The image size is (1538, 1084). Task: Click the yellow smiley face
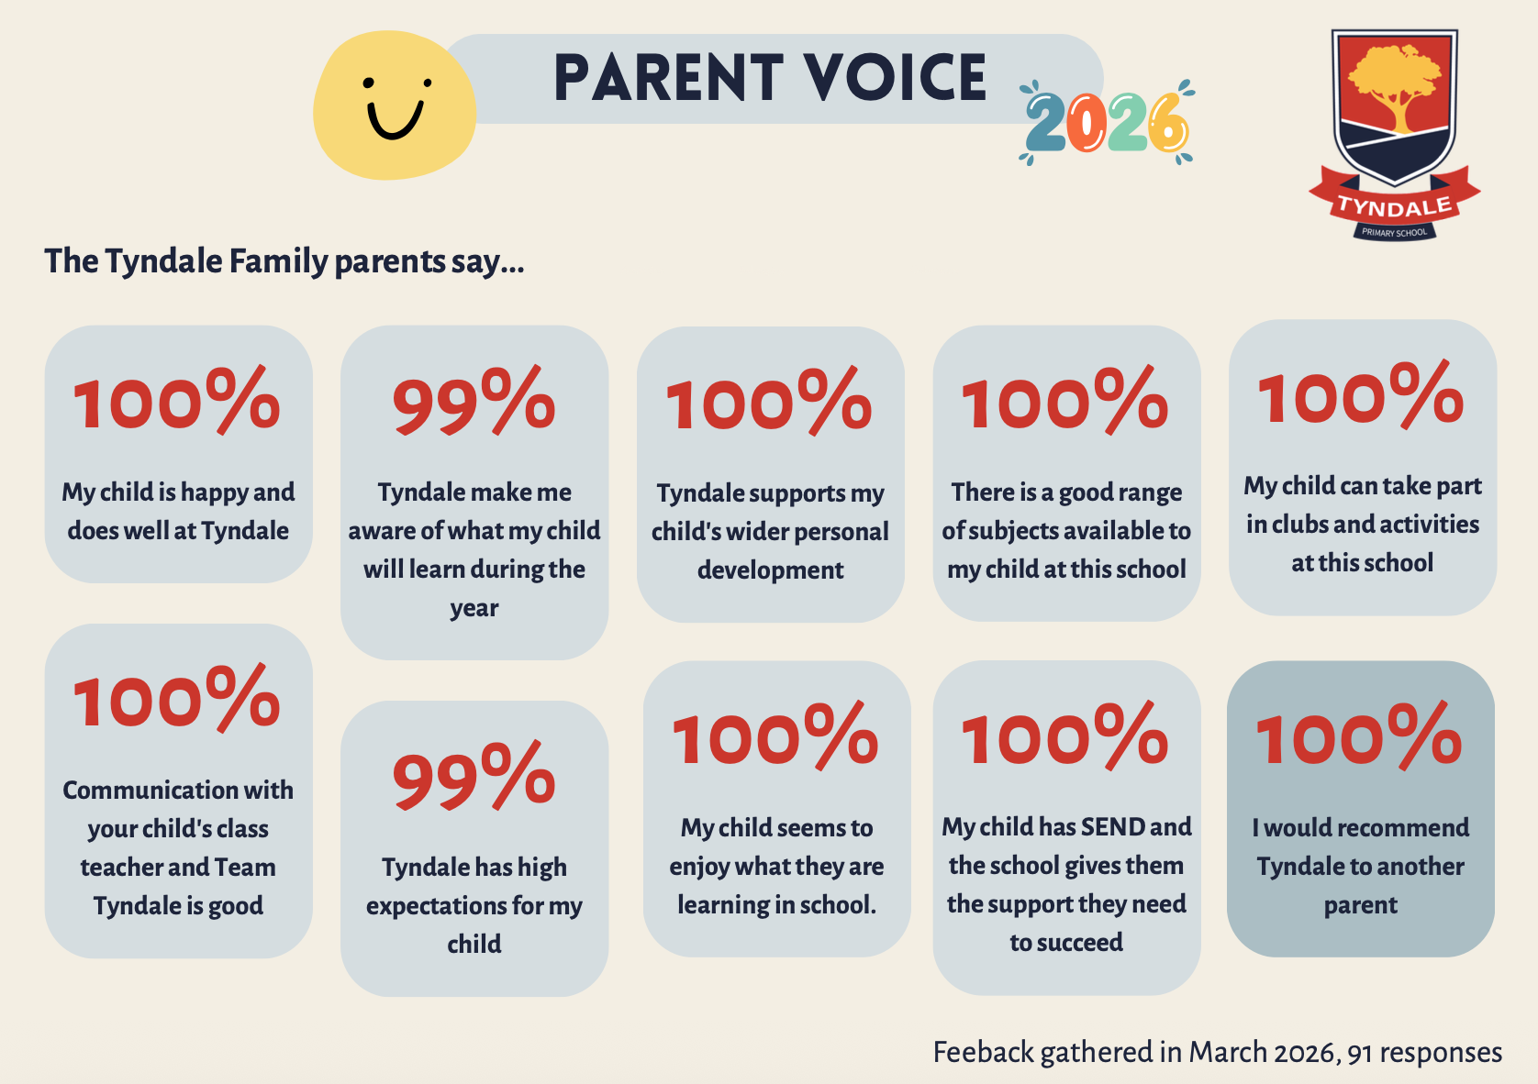(x=395, y=105)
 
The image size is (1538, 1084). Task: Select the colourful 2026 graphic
(x=1107, y=123)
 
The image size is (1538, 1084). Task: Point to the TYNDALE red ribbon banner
(x=1394, y=205)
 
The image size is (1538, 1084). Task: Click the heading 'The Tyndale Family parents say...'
(x=284, y=261)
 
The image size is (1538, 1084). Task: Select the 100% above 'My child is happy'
(x=177, y=401)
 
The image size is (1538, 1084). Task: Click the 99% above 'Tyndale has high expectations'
(x=474, y=779)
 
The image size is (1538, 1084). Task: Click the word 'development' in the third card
(x=770, y=570)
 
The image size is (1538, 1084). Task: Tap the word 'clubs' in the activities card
(x=1299, y=525)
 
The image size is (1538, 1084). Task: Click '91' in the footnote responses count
(x=1359, y=1053)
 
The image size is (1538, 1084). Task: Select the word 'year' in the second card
(x=474, y=609)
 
